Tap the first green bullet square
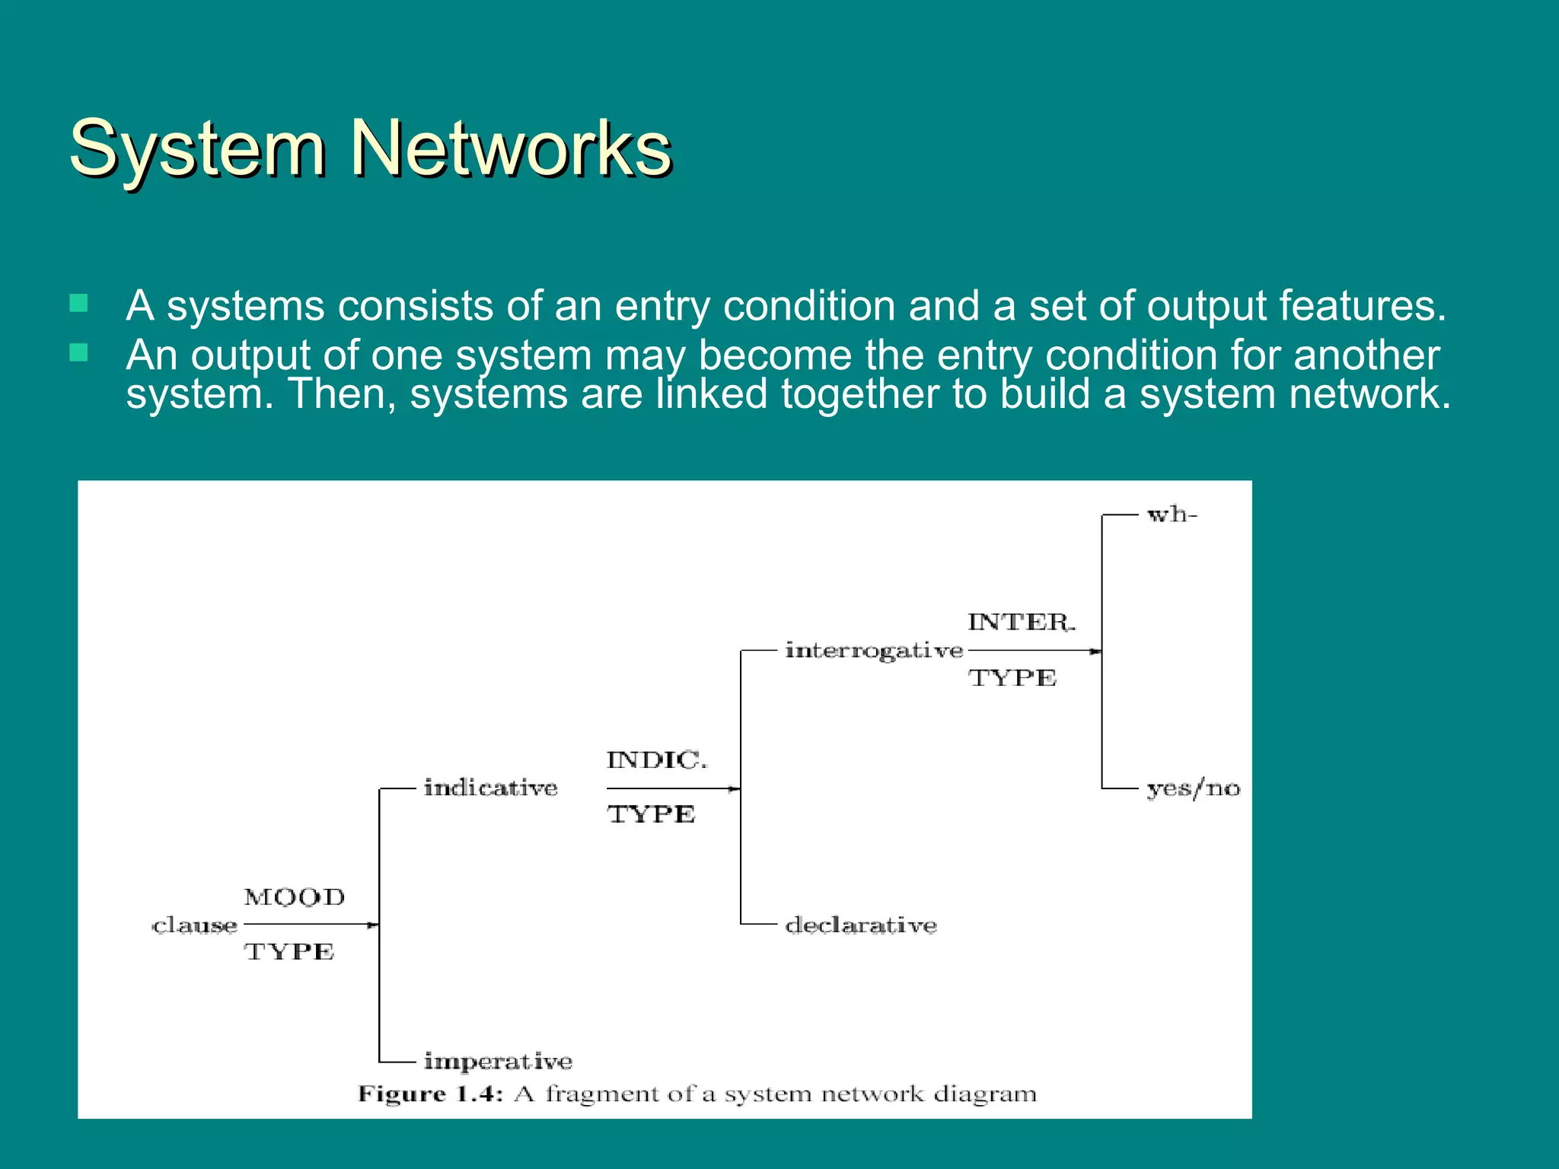78,304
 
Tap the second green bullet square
78,352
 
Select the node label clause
195,925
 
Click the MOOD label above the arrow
294,897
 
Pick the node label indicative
490,788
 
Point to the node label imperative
498,1061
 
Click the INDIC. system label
656,760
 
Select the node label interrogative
874,651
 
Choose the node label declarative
860,925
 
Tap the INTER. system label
1020,622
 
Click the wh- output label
1172,515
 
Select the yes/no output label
1193,788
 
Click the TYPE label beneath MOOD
289,951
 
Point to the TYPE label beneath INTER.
1012,677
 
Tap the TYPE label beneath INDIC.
651,814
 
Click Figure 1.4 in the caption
430,1094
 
